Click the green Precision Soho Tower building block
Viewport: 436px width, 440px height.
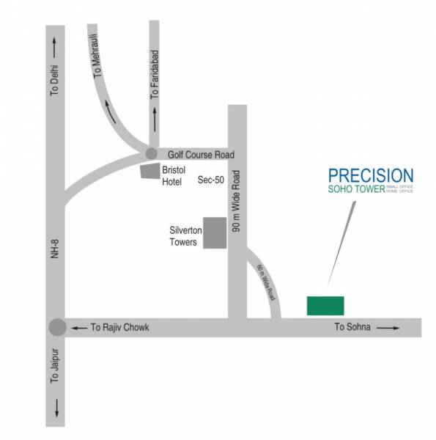pos(325,306)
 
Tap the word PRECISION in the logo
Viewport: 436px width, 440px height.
pos(370,176)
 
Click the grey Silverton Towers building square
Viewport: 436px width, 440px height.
pos(215,232)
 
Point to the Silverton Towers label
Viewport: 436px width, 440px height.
pos(182,236)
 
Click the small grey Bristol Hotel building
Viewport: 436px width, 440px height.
pos(150,170)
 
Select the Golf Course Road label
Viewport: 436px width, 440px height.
pos(201,155)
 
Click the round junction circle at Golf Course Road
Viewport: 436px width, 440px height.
pos(151,153)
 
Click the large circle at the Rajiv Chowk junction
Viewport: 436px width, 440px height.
pos(57,328)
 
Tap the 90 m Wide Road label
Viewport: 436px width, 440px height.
pos(237,201)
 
